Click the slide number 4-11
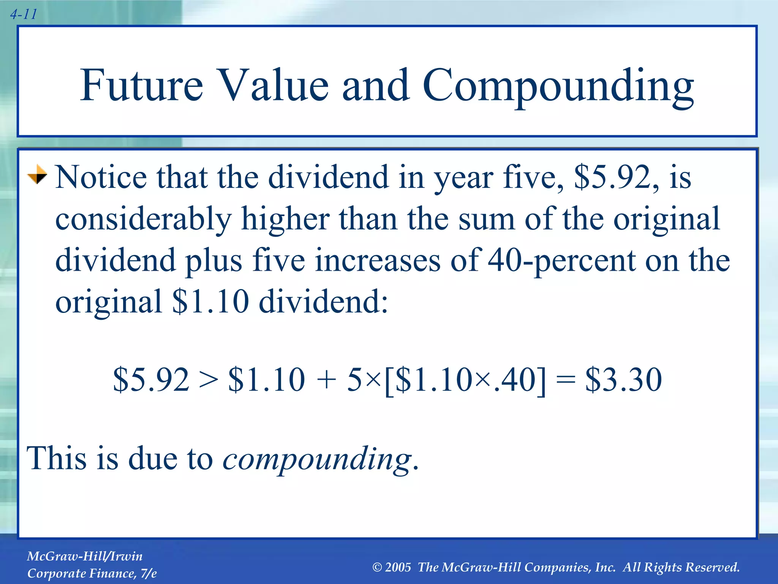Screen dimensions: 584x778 pyautogui.click(x=24, y=14)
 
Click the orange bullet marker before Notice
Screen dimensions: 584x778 pyautogui.click(x=37, y=175)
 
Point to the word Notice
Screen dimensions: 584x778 pyautogui.click(x=101, y=177)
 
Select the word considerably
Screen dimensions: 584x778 pyautogui.click(x=143, y=220)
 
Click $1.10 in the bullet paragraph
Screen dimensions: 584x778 pyautogui.click(x=210, y=302)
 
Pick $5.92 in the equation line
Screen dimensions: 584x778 pyautogui.click(x=151, y=379)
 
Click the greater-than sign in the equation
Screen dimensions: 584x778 pyautogui.click(x=209, y=379)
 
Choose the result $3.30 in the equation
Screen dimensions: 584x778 pyautogui.click(x=623, y=379)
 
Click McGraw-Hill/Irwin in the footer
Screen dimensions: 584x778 pyautogui.click(x=85, y=556)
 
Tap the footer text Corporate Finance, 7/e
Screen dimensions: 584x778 pyautogui.click(x=92, y=573)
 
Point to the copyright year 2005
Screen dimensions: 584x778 pyautogui.click(x=398, y=567)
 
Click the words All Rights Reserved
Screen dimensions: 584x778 pyautogui.click(x=681, y=567)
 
